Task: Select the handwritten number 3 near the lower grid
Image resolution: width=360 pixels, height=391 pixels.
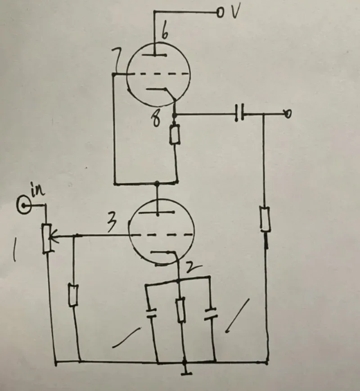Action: click(x=112, y=222)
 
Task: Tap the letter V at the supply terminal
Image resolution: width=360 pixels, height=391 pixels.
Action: click(x=235, y=12)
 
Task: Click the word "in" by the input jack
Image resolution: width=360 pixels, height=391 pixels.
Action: click(x=37, y=190)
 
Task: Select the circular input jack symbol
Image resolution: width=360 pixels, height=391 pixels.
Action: click(x=24, y=206)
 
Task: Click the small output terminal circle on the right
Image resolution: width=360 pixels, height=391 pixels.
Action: click(x=288, y=114)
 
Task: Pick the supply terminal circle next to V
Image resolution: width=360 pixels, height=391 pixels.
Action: click(x=220, y=13)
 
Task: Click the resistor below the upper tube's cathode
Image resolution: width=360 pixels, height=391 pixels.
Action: click(x=175, y=135)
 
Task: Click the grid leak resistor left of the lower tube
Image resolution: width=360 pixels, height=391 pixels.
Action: click(x=73, y=295)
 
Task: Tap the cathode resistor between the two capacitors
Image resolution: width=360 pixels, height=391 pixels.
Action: click(x=180, y=310)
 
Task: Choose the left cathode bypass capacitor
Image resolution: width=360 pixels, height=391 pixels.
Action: click(x=151, y=313)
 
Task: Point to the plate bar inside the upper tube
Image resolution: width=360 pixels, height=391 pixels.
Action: click(x=154, y=55)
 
